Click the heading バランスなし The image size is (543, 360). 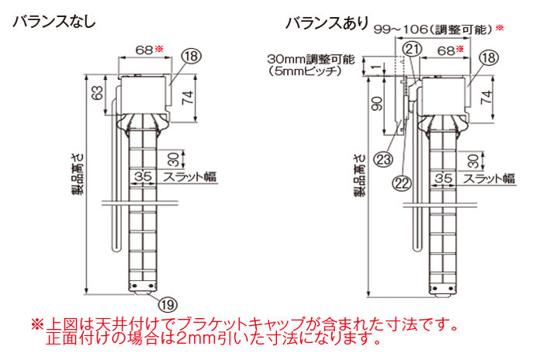pyautogui.click(x=54, y=22)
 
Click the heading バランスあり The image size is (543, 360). pyautogui.click(x=327, y=22)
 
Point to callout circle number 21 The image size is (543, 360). pyautogui.click(x=413, y=49)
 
